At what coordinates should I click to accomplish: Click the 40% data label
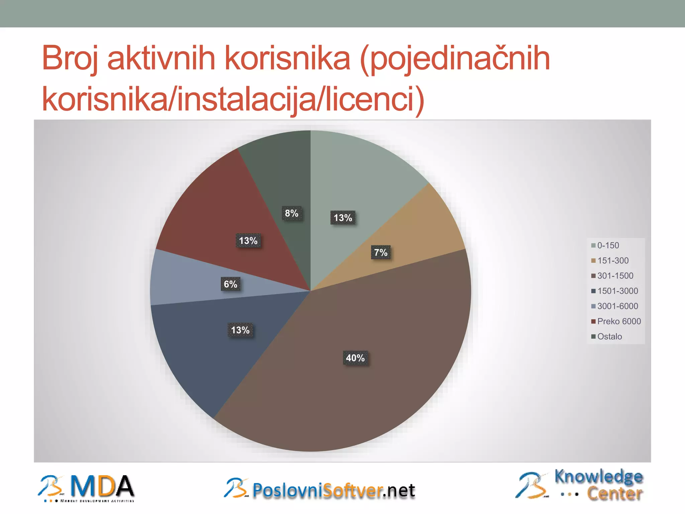tap(355, 358)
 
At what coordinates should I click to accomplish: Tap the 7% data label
tap(381, 252)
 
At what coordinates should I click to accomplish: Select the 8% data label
tap(292, 213)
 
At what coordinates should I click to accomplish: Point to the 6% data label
tap(230, 284)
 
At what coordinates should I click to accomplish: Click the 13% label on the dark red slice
tap(248, 241)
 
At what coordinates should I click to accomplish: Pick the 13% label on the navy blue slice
tap(240, 330)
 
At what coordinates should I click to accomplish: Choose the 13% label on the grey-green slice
tap(343, 218)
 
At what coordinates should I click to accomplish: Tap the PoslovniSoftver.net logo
tap(320, 490)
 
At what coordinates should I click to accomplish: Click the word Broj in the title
tap(70, 59)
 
